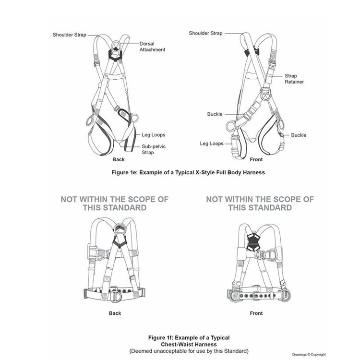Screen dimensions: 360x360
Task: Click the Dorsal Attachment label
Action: (x=152, y=47)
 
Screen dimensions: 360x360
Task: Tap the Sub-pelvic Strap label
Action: (x=154, y=149)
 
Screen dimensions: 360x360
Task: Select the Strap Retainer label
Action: (x=294, y=79)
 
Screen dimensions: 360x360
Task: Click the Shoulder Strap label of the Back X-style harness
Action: (x=69, y=35)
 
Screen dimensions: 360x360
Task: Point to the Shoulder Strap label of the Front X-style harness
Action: (x=205, y=33)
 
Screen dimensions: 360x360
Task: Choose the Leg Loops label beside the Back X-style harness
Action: (x=154, y=135)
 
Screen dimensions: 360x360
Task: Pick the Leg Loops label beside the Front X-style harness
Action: (x=212, y=144)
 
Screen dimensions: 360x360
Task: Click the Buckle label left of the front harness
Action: (x=215, y=114)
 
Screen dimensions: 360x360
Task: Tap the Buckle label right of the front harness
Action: (x=299, y=135)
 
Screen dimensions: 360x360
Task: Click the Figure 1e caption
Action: (x=188, y=172)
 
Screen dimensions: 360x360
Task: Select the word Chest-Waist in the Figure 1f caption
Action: (x=177, y=344)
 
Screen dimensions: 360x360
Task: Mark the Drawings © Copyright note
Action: (x=309, y=355)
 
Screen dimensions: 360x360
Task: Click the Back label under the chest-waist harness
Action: (x=115, y=313)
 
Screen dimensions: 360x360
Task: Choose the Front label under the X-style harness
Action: (x=256, y=159)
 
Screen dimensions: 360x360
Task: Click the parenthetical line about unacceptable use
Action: (x=189, y=351)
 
